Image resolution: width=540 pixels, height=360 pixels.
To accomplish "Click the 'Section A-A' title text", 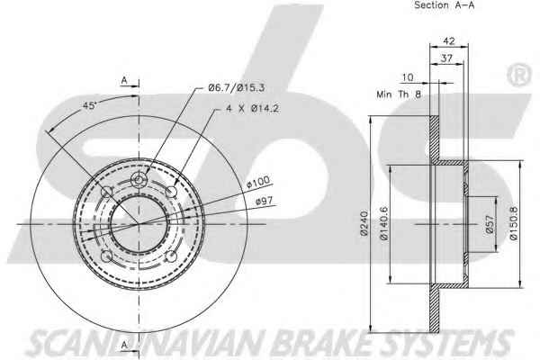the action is tap(444, 5).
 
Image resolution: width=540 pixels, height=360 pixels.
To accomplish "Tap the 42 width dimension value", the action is tap(448, 41).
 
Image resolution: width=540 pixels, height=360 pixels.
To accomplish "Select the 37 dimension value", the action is tap(446, 58).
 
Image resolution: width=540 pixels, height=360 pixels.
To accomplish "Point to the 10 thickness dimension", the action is tap(408, 77).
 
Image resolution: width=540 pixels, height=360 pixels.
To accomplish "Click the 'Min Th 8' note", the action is tap(399, 94).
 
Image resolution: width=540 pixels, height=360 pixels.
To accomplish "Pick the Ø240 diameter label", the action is tap(364, 223).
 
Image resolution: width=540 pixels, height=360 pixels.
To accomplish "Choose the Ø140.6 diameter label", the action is tap(383, 223).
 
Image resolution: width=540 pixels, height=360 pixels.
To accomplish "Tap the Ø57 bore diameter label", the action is tap(490, 225).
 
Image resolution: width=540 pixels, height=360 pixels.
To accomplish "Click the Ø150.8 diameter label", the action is tap(513, 223).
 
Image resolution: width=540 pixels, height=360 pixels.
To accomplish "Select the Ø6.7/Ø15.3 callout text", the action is tap(236, 88).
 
